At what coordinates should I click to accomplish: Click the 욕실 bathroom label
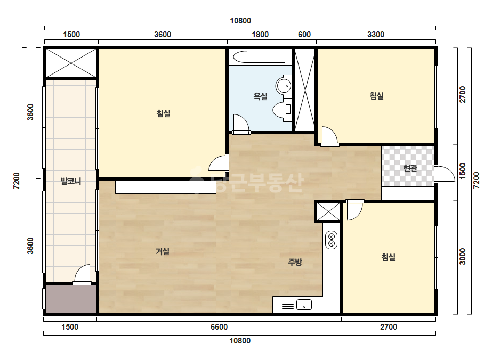coord(260,96)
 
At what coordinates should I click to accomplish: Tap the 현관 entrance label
coord(410,168)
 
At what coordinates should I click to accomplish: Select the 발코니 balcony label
coord(71,181)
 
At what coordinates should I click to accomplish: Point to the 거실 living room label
coord(163,251)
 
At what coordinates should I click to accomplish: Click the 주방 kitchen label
coord(295,262)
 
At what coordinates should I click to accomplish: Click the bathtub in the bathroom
coord(260,57)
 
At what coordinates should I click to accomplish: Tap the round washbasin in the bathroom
coord(284,85)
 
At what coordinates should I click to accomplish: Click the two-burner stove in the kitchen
coord(332,240)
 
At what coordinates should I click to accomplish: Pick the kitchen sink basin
coord(304,305)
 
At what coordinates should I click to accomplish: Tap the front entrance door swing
coord(445,174)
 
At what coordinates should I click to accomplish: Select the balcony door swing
coord(82,275)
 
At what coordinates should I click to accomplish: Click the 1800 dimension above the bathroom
coord(260,35)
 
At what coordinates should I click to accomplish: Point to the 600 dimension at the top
coord(304,35)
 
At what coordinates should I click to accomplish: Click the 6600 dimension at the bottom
coord(219,327)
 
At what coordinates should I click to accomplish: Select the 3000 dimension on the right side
coord(463,257)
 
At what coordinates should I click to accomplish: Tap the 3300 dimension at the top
coord(376,35)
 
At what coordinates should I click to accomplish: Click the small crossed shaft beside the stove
coord(328,211)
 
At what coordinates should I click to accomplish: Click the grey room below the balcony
coord(71,299)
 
